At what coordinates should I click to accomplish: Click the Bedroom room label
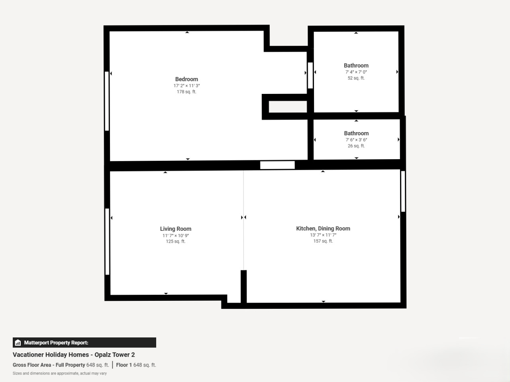(186, 79)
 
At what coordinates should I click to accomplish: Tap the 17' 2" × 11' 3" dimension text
(186, 86)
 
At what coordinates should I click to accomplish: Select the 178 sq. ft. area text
(186, 92)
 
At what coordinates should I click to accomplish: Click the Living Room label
(176, 229)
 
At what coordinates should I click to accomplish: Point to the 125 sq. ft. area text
(176, 241)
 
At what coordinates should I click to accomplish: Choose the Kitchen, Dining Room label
(323, 228)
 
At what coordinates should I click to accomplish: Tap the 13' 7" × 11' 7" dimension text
(323, 235)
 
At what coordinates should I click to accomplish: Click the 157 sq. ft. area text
(323, 241)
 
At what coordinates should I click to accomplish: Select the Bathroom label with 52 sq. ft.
(356, 65)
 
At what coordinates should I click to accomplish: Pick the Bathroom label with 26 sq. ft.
(356, 133)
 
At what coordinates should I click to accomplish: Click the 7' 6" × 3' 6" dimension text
(356, 140)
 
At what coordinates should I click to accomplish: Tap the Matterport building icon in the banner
(18, 343)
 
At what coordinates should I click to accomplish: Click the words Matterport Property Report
(56, 343)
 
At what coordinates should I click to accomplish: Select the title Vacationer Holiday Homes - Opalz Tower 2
(74, 355)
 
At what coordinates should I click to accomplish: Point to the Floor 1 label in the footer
(124, 365)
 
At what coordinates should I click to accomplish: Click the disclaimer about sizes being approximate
(60, 373)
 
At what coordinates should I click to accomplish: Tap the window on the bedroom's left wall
(107, 101)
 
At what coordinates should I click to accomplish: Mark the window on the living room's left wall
(107, 242)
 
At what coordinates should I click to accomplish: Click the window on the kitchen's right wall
(403, 191)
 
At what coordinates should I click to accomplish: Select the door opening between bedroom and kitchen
(277, 165)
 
